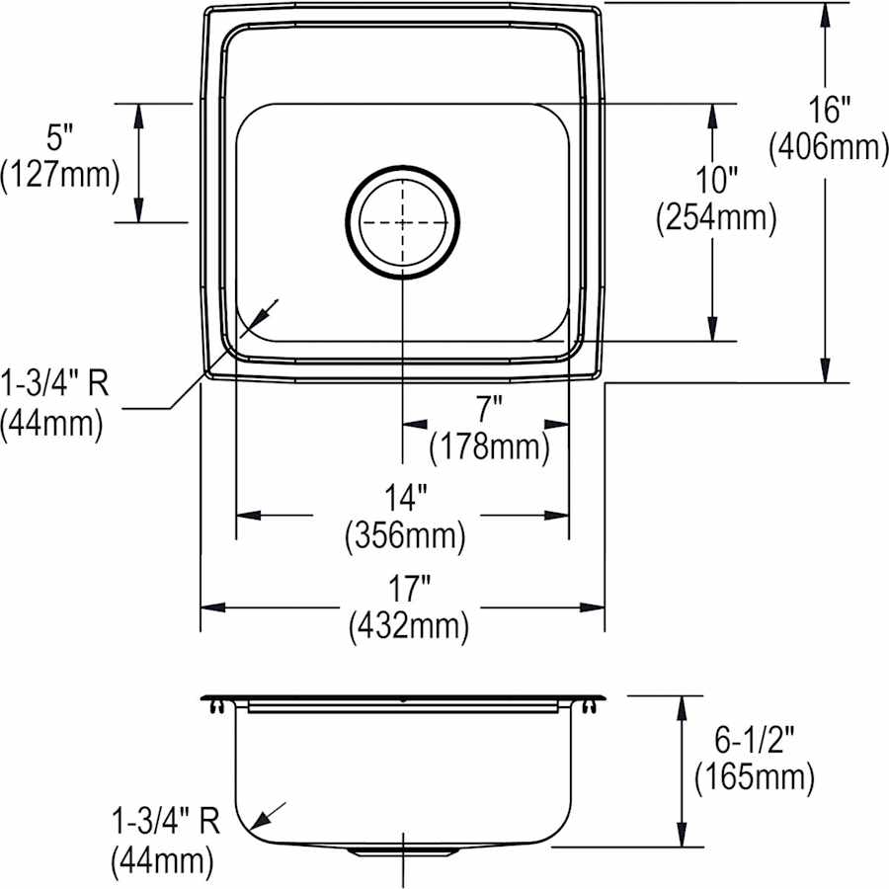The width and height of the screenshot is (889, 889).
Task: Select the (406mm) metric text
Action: (828, 148)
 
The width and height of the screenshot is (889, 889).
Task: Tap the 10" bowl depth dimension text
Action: (715, 181)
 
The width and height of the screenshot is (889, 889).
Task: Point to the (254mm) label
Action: (715, 218)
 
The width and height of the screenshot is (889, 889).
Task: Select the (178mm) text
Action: (488, 447)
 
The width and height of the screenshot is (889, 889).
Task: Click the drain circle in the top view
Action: (403, 222)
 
